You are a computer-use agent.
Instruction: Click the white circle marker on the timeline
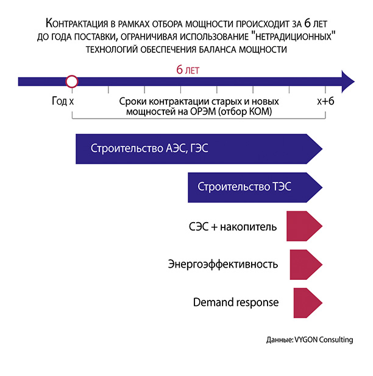click(72, 81)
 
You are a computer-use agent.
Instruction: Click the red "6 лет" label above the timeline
click(188, 70)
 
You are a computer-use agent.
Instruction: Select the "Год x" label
click(63, 100)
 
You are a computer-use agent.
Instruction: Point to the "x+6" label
click(325, 100)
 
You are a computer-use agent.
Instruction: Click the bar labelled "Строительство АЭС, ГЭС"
click(198, 149)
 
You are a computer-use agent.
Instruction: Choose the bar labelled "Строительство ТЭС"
click(255, 187)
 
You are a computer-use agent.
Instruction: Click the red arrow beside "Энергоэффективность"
click(306, 264)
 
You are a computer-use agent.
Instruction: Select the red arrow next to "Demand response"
click(308, 302)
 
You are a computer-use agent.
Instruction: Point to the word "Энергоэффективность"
click(223, 265)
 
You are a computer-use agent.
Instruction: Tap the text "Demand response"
click(236, 302)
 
